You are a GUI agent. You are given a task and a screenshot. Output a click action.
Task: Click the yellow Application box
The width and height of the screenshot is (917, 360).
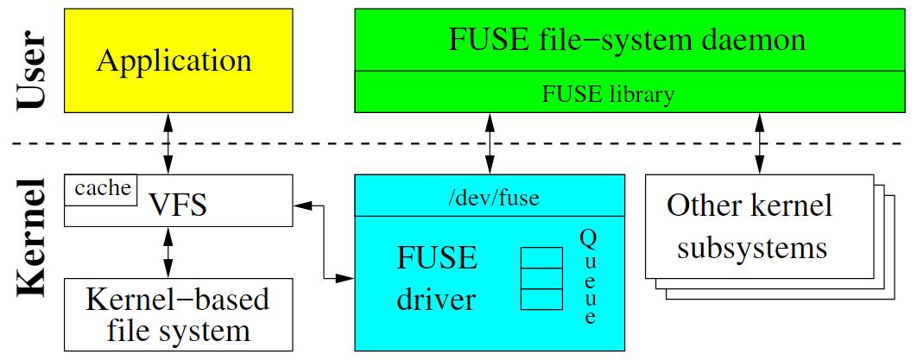coord(174,60)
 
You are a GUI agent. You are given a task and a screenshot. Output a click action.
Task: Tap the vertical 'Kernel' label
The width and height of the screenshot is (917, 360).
coord(34,247)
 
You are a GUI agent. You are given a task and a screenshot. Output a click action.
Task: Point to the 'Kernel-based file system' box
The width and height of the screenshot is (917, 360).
coord(178,314)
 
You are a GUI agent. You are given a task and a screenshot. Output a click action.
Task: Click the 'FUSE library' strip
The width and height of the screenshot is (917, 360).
coord(607,93)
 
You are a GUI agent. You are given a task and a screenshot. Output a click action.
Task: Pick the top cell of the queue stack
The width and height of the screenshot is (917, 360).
coord(537,259)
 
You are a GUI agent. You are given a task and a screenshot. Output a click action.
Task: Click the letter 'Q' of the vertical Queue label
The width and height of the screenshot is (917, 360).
coord(587,236)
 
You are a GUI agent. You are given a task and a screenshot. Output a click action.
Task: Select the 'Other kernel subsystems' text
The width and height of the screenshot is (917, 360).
coord(751,227)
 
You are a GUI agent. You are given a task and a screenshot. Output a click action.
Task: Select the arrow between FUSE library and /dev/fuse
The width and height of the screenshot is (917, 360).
coord(490,144)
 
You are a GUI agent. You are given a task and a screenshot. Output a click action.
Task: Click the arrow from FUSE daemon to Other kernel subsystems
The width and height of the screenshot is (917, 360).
coord(760,144)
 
